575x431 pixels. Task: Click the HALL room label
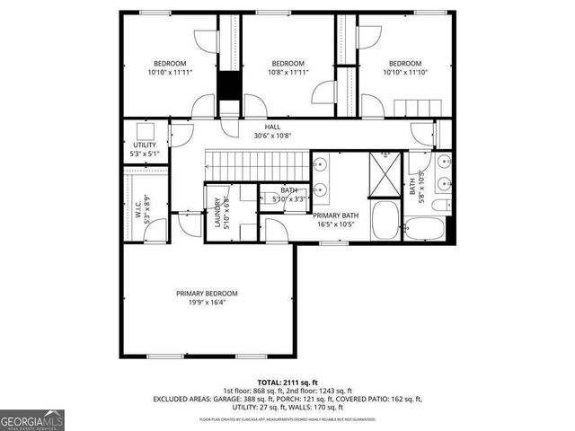click(x=272, y=128)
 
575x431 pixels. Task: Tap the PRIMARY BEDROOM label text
click(x=207, y=294)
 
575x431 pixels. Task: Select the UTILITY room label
click(x=144, y=145)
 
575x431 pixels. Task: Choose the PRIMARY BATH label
click(x=336, y=215)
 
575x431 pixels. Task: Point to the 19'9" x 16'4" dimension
click(x=207, y=303)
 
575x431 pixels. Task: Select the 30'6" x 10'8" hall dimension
click(x=272, y=136)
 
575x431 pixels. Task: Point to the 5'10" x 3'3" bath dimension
click(x=289, y=198)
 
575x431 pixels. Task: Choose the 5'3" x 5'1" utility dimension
click(x=144, y=154)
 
